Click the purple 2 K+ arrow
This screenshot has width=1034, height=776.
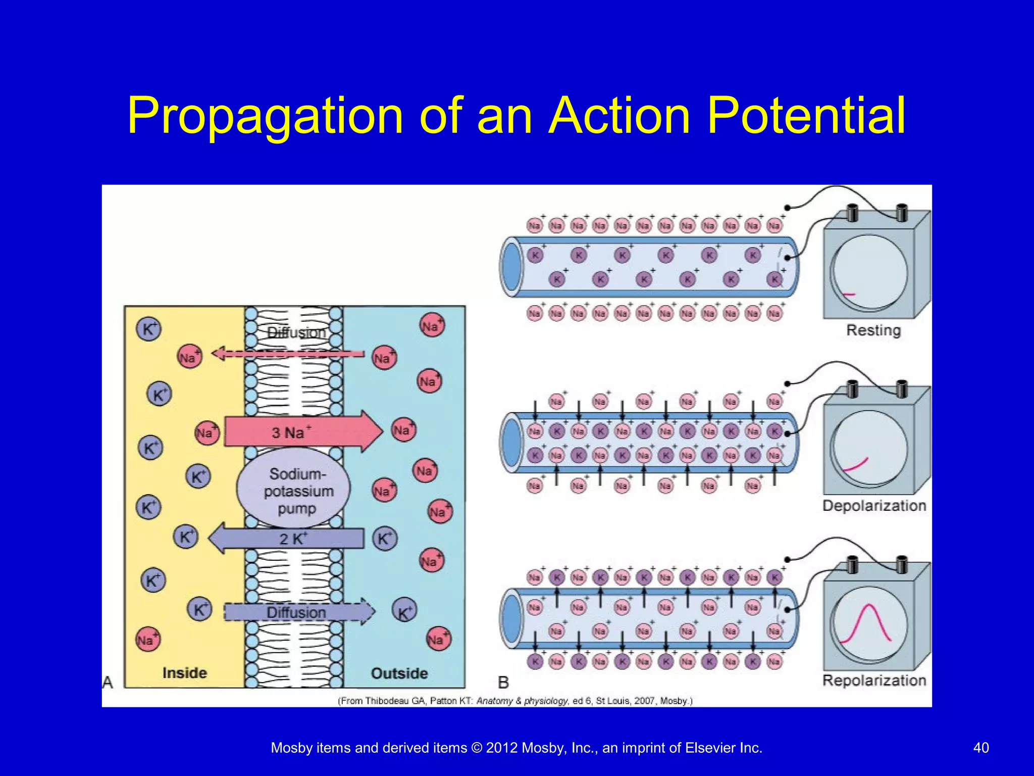tap(288, 539)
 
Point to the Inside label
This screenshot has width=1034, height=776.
tap(184, 673)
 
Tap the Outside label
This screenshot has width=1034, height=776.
tap(399, 673)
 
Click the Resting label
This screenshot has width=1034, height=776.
tap(873, 330)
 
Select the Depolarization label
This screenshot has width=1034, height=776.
tap(874, 506)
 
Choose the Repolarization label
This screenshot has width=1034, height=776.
tap(874, 681)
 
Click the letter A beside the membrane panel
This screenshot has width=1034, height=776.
tap(108, 683)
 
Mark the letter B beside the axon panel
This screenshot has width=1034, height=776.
tap(503, 683)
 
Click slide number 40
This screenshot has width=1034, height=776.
tap(980, 748)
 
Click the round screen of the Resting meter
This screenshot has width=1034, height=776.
tap(869, 273)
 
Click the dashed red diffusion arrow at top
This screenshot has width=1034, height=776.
tap(288, 353)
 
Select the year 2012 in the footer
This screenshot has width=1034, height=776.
tap(501, 748)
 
